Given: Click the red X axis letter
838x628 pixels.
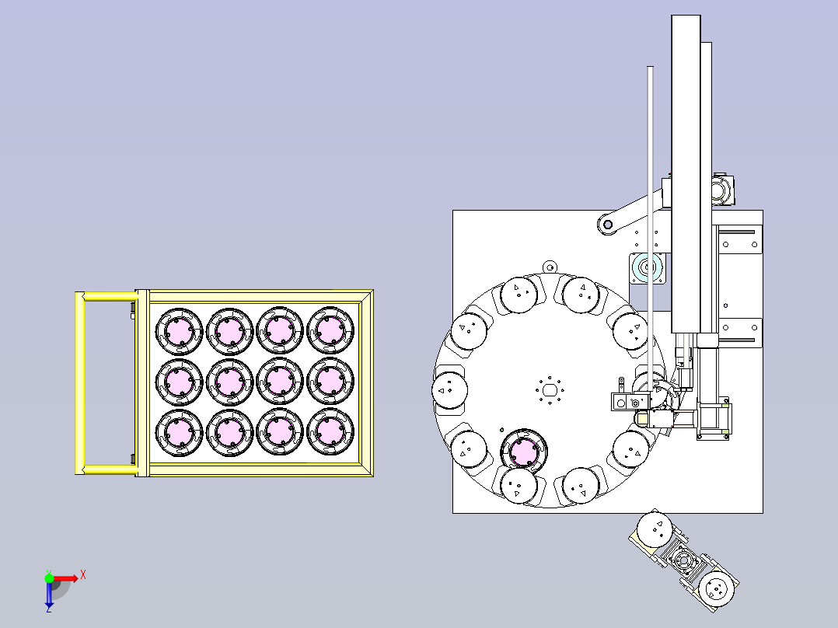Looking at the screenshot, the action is (83, 575).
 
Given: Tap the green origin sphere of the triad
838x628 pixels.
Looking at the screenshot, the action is (49, 578).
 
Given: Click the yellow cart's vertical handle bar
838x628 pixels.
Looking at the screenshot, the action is (79, 382).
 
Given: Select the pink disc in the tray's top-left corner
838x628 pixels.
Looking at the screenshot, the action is (179, 331).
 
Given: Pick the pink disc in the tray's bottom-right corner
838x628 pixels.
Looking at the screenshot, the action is (330, 431).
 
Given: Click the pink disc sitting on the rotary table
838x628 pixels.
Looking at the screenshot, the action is (524, 452).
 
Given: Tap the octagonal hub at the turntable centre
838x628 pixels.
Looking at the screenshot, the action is (550, 390).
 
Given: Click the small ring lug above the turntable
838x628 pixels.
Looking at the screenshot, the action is (550, 266).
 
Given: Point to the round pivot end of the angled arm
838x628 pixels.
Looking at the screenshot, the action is (607, 224).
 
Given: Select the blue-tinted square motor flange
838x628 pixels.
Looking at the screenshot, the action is (647, 268).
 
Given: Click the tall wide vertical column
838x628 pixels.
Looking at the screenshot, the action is (686, 173).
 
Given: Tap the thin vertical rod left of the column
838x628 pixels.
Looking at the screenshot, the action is (650, 225).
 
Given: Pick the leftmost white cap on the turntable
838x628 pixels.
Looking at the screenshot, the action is (449, 390).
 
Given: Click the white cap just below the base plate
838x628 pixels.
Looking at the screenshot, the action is (655, 529).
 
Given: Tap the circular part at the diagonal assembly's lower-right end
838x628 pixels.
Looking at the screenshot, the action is (717, 590).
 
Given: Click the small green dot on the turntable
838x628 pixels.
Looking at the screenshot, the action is (502, 430).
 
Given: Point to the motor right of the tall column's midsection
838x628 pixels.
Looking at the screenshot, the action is (723, 190).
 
